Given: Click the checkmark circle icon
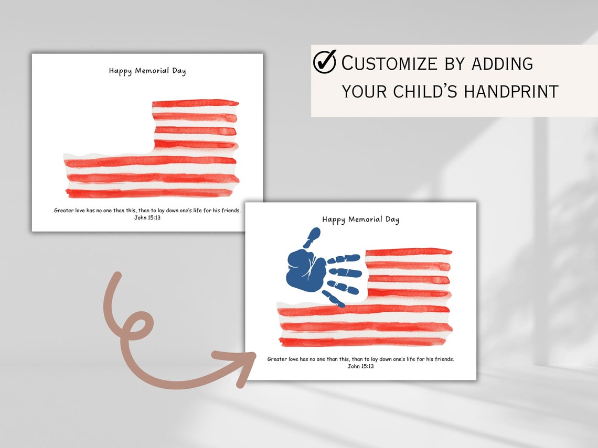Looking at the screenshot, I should (x=325, y=62).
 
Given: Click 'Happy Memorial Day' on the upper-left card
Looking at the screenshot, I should (x=147, y=71).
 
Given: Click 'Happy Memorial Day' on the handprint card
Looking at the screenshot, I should (x=360, y=220).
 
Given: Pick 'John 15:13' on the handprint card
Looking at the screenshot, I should (x=360, y=366).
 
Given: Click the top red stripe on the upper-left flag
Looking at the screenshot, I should (x=195, y=103).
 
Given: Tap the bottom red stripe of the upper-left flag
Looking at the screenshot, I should (x=149, y=193).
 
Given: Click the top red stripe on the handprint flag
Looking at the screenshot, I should (x=408, y=252).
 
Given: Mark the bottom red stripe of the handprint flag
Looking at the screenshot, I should (x=362, y=342).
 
